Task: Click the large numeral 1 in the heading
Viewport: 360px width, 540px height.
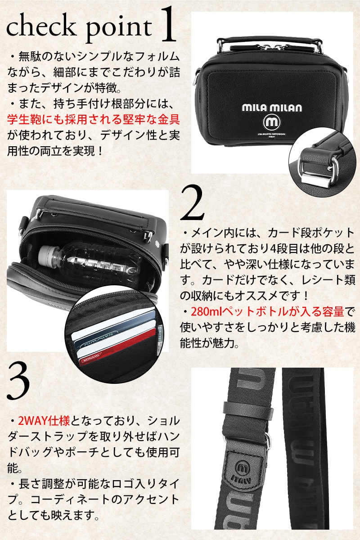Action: [x=168, y=24]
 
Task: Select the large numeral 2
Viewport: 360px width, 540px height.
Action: [x=192, y=203]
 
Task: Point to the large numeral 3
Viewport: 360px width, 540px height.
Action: [x=18, y=381]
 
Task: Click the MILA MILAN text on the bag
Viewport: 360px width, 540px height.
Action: [x=272, y=108]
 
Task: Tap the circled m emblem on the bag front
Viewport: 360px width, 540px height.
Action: [x=272, y=123]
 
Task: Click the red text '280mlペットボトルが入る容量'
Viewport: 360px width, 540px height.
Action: [x=267, y=311]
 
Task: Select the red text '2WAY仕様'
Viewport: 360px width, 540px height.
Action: [x=44, y=421]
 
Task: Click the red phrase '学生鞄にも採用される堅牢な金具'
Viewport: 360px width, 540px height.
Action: [x=94, y=119]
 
